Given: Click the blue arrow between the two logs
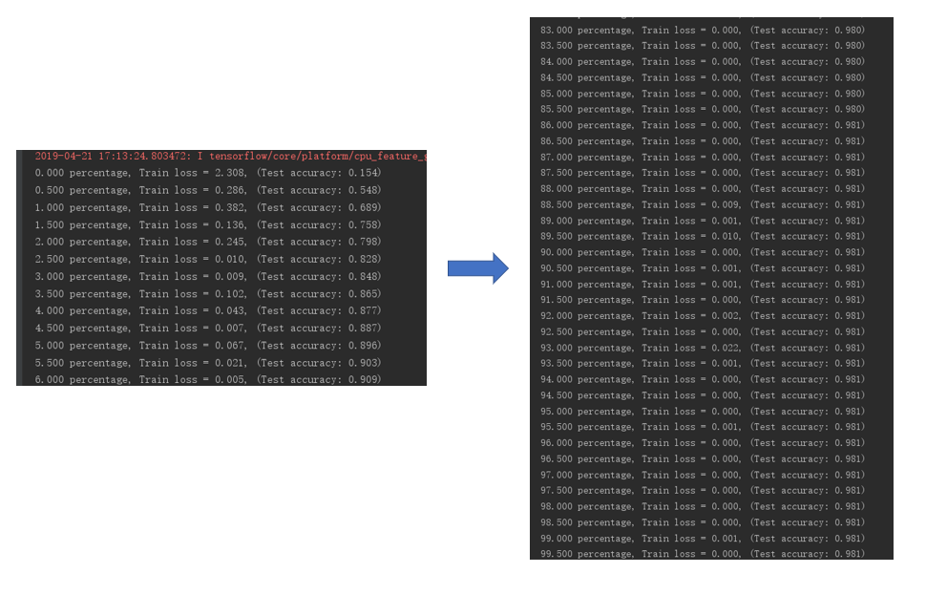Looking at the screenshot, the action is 477,268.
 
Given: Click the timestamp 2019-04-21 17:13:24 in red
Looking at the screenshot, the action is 112,156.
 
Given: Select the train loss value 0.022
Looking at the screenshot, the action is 726,348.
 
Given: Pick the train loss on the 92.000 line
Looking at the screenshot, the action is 726,316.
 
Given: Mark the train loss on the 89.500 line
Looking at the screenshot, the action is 726,236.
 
